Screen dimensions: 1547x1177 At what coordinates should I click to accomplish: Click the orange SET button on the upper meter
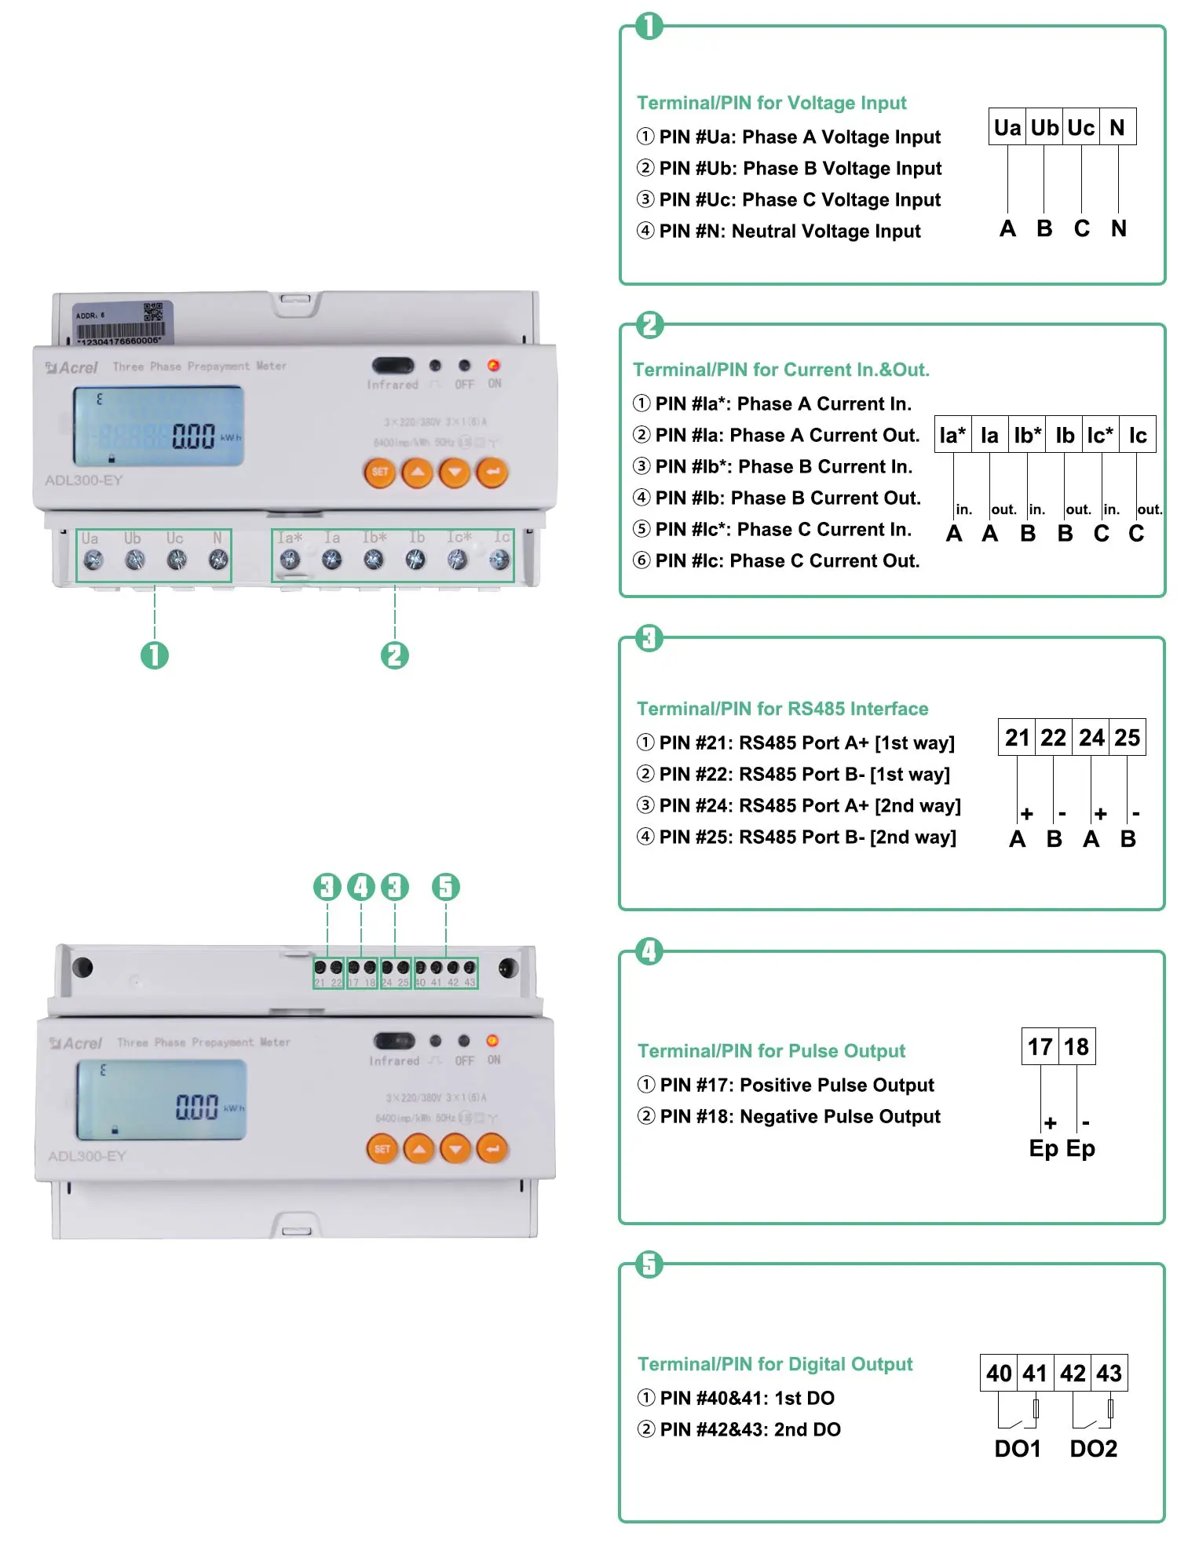click(380, 472)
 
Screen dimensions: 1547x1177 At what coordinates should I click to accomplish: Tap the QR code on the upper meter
click(153, 312)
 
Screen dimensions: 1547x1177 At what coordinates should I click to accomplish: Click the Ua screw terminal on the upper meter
click(93, 560)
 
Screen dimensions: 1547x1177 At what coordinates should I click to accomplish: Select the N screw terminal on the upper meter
click(218, 560)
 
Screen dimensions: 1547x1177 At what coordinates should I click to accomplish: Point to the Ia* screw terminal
click(290, 560)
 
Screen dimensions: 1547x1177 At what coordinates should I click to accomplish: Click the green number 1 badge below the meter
click(155, 655)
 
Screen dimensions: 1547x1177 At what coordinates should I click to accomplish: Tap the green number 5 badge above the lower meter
click(445, 887)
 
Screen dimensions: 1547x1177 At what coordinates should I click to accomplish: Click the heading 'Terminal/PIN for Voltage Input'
click(771, 103)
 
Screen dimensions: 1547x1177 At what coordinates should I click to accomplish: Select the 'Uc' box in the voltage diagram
click(1080, 127)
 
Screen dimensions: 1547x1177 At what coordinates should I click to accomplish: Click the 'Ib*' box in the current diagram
click(1027, 435)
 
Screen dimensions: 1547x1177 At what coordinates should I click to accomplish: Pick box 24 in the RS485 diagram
click(1091, 738)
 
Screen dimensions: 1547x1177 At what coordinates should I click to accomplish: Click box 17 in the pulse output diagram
click(1040, 1047)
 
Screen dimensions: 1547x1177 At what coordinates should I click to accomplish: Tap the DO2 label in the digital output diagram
click(1093, 1449)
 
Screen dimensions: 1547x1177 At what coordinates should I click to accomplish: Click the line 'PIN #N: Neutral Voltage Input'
click(789, 231)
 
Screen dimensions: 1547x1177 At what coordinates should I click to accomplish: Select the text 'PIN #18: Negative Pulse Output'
click(799, 1116)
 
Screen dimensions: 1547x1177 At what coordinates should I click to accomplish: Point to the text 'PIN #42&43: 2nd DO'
click(750, 1429)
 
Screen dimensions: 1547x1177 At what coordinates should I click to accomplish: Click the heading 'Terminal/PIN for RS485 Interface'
click(782, 709)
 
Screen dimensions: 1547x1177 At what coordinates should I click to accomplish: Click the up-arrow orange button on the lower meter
click(419, 1149)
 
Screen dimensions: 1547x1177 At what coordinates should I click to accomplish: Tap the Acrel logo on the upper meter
click(72, 367)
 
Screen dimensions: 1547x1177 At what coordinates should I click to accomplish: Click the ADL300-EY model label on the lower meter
click(86, 1156)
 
